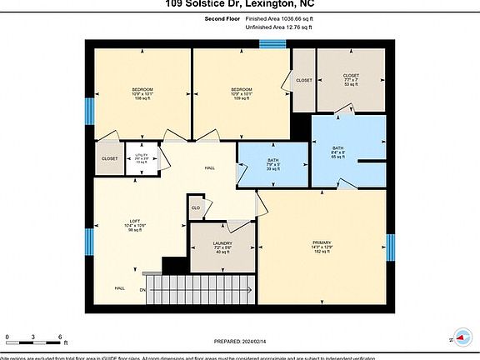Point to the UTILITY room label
click(x=141, y=156)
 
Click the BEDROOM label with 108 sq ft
click(x=142, y=89)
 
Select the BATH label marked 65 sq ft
click(x=337, y=148)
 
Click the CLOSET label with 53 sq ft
click(x=351, y=73)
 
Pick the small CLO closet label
click(x=196, y=207)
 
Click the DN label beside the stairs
click(x=142, y=290)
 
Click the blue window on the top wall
click(x=272, y=43)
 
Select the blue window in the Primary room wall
click(x=390, y=247)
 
